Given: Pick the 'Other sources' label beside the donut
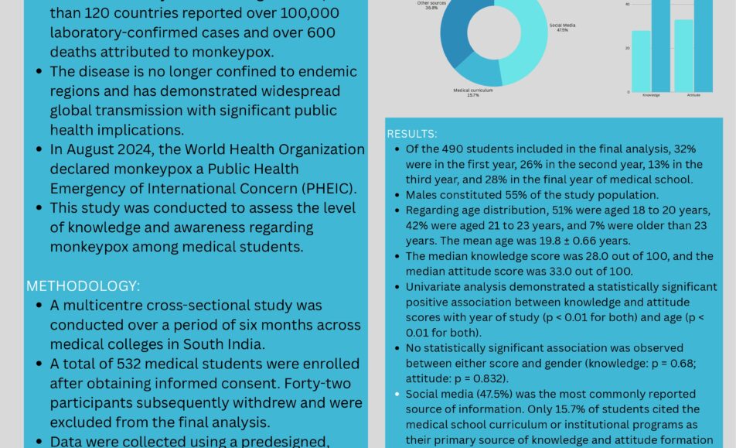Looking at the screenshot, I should click(x=427, y=5).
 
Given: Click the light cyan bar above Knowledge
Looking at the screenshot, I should click(x=641, y=61).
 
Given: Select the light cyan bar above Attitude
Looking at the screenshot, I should click(x=683, y=56).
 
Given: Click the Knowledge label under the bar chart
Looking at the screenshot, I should click(x=651, y=96).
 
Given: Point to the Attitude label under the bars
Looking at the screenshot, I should click(x=693, y=96).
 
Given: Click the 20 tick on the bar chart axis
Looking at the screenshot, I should click(x=627, y=47).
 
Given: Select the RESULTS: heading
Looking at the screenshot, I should click(x=412, y=133).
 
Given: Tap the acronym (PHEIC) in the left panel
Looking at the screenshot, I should click(x=315, y=187).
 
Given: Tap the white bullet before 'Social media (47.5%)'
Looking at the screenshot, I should click(x=397, y=394).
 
